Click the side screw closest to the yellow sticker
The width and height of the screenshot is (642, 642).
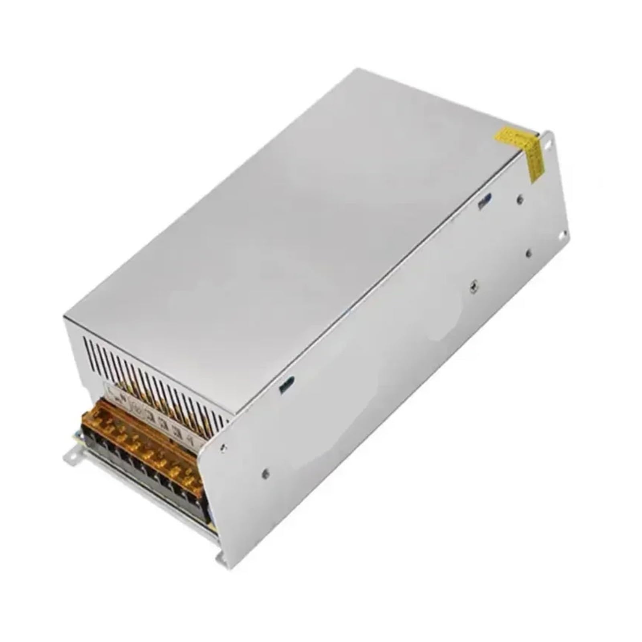[x=520, y=199]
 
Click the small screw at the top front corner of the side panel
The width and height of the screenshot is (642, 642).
[x=223, y=446]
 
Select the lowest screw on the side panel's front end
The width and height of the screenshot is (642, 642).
[x=265, y=474]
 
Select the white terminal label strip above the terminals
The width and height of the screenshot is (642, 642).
[x=152, y=413]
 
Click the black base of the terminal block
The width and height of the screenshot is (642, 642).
[x=152, y=477]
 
